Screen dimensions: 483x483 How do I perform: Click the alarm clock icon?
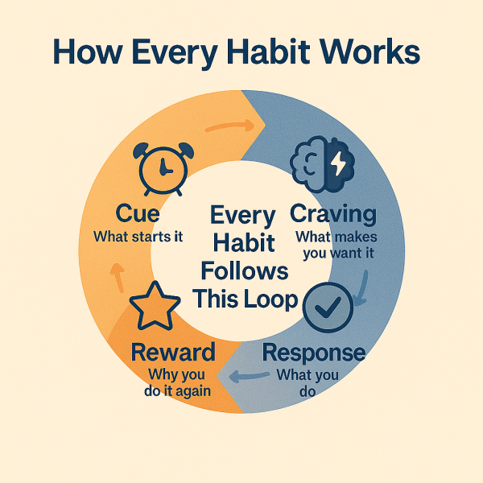tap(163, 169)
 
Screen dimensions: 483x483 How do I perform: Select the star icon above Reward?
tap(155, 306)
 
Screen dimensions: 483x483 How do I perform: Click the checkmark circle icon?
tap(328, 308)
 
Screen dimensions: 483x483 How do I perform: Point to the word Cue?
tap(138, 213)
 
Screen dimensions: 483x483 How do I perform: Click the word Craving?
tap(333, 214)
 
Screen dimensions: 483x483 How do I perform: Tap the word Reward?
tap(173, 352)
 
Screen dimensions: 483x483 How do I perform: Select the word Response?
tap(314, 353)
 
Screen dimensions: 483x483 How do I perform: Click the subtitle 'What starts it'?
tap(138, 237)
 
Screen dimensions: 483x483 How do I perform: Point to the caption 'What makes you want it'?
tap(337, 246)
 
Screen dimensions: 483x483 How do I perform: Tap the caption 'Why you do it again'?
tap(177, 383)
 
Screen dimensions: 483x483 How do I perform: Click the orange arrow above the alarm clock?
tap(229, 126)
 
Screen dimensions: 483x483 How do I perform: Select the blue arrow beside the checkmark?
tap(361, 289)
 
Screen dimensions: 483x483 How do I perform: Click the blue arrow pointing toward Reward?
tap(250, 376)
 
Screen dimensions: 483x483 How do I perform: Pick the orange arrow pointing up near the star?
tap(118, 278)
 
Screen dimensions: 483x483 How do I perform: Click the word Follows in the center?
tap(245, 271)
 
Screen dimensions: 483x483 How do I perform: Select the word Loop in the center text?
tap(271, 299)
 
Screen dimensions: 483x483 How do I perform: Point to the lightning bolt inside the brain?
tap(339, 163)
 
